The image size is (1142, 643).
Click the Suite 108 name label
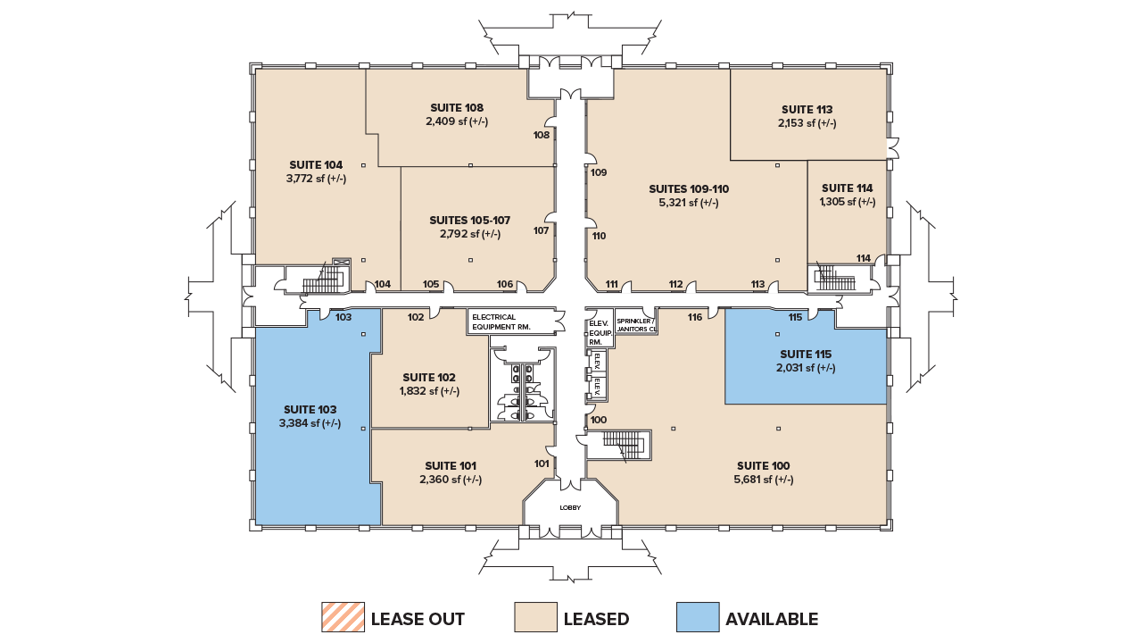point(456,107)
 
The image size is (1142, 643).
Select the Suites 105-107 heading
point(469,220)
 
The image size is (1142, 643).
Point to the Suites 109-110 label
point(688,188)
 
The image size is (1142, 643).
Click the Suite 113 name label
point(807,110)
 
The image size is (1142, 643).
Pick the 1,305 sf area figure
point(847,202)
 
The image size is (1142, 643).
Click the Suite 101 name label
point(450,465)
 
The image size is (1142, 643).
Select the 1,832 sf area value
point(429,391)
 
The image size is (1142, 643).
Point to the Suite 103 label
point(310,409)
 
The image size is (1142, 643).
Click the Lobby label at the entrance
point(570,507)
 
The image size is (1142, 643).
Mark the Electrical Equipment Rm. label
point(501,321)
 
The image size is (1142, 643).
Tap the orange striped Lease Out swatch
point(343,617)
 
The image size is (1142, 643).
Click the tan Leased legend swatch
point(536,617)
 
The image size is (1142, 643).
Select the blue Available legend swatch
point(698,617)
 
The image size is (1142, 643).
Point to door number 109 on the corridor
point(598,172)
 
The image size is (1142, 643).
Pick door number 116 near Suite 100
point(695,317)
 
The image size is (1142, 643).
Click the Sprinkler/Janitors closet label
point(635,324)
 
